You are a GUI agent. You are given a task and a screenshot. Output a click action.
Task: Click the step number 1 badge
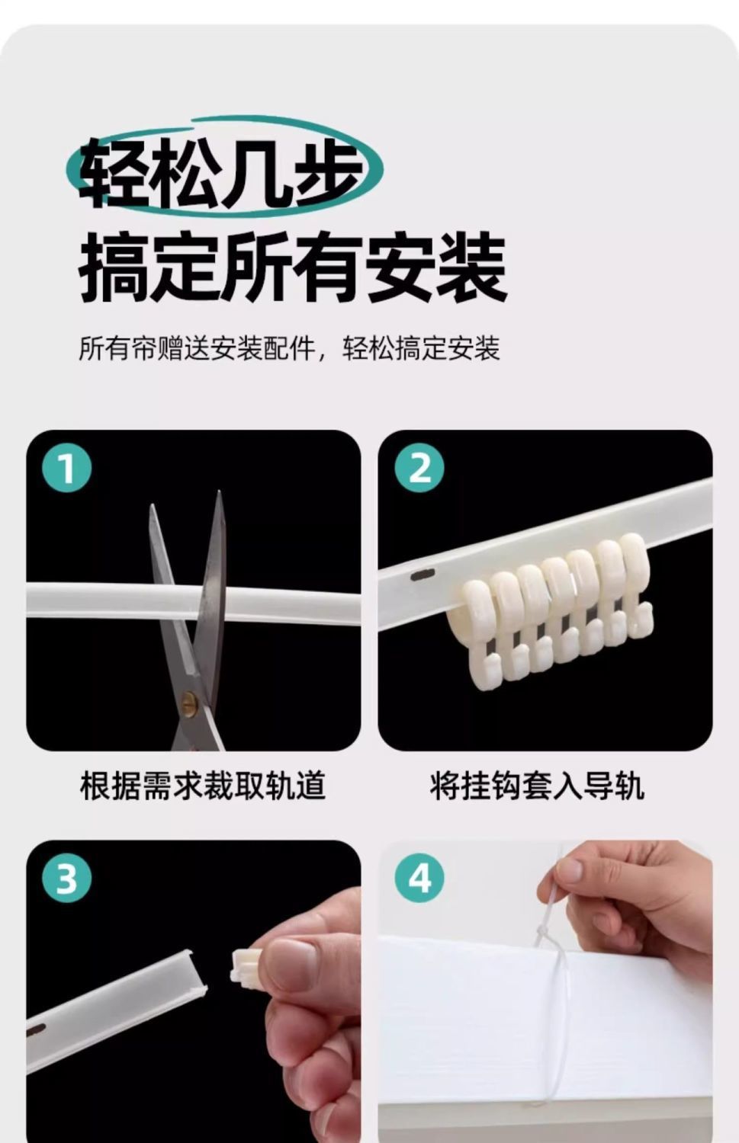point(66,468)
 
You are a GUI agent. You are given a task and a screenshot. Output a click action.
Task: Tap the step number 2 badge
point(419,468)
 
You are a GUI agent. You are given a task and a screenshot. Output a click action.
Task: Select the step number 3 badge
point(66,878)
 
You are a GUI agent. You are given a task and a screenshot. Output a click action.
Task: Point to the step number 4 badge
point(419,878)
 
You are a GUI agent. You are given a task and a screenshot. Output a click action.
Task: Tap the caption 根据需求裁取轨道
point(203,786)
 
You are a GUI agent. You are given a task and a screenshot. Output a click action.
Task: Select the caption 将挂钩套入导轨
point(537,786)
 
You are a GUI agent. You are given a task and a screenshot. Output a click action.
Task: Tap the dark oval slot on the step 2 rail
point(423,575)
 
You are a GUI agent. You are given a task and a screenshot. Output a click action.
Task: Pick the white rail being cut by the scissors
point(193,602)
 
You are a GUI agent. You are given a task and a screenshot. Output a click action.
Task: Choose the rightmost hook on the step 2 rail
point(636,584)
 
